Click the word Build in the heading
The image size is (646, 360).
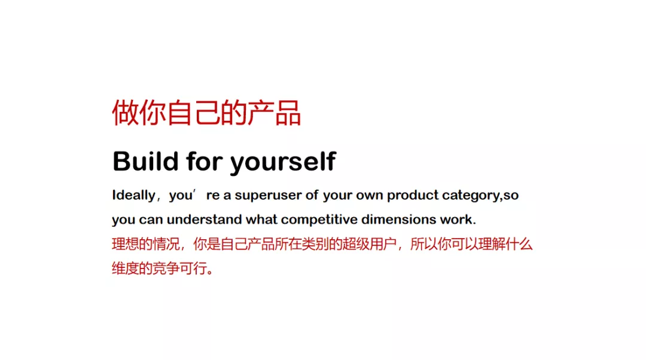point(145,161)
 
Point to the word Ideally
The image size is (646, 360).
point(133,195)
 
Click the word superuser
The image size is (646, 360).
point(268,195)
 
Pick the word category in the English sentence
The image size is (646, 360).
point(471,196)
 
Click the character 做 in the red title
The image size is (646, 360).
point(125,112)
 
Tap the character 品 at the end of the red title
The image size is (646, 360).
point(288,112)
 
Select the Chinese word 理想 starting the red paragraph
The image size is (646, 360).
point(125,244)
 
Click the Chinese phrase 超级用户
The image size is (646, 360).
point(369,244)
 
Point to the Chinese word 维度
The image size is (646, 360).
point(125,269)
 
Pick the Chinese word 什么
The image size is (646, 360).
point(519,244)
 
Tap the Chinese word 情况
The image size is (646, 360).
point(166,244)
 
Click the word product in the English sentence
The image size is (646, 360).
point(413,196)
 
